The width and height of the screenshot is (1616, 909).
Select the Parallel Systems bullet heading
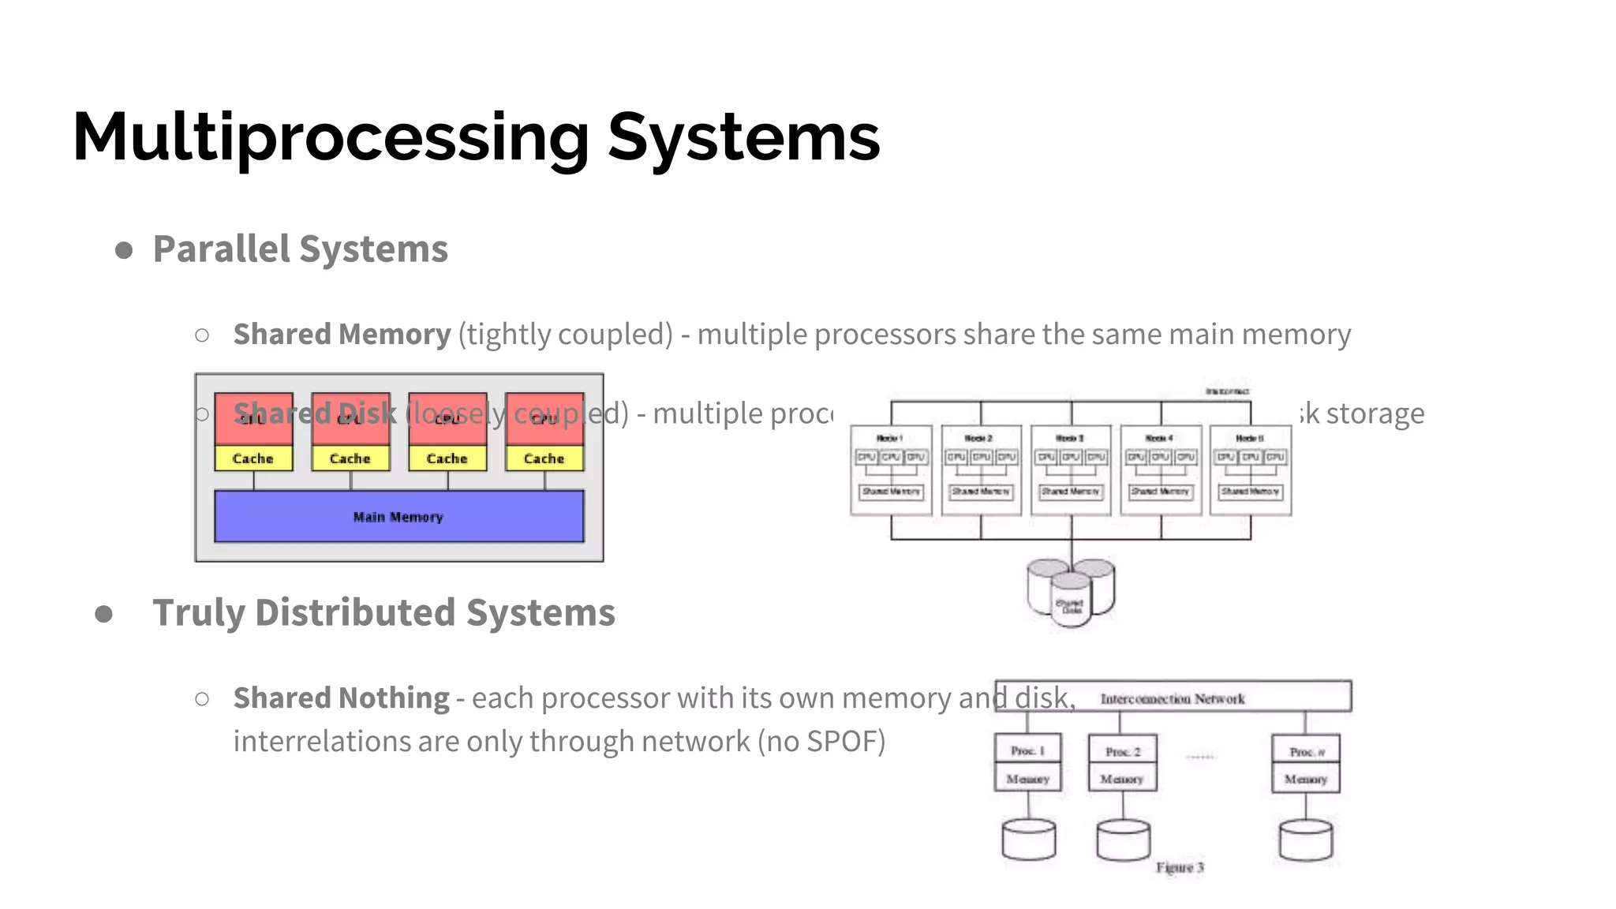coord(300,249)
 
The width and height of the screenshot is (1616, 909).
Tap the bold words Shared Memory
coord(342,335)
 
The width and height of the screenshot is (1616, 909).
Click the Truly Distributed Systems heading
coord(383,613)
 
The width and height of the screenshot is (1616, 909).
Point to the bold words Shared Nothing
coord(341,698)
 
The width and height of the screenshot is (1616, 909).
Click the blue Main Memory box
coord(398,517)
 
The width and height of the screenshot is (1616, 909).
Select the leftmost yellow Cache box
coord(253,458)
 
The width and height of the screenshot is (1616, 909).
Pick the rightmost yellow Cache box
coord(544,458)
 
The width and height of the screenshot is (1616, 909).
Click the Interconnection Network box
coord(1173,698)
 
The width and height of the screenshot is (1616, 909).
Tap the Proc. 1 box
coord(1027,750)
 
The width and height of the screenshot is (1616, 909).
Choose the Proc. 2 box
coord(1122,750)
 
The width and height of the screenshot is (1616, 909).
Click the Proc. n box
coord(1306,750)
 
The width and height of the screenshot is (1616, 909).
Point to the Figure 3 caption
coord(1180,867)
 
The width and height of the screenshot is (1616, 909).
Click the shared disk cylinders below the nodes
coord(1071,593)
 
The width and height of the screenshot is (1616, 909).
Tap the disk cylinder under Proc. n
coord(1306,840)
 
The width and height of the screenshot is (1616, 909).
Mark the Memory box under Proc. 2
coord(1122,778)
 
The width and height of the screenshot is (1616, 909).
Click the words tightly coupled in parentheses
coord(565,335)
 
